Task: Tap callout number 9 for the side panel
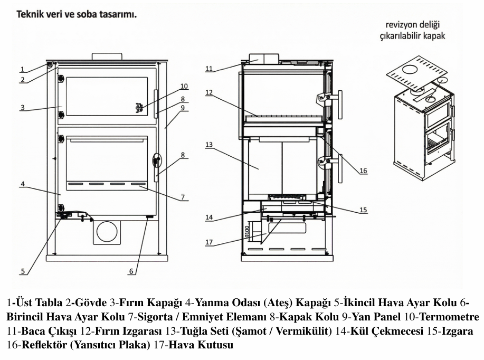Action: click(182, 108)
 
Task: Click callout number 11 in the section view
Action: click(209, 69)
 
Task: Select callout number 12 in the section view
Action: click(209, 92)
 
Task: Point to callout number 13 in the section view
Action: click(209, 144)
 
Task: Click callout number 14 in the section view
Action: click(209, 216)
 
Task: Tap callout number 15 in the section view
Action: click(363, 210)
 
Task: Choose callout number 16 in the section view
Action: click(363, 170)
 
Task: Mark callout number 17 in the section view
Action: click(209, 243)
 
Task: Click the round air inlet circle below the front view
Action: click(107, 231)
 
